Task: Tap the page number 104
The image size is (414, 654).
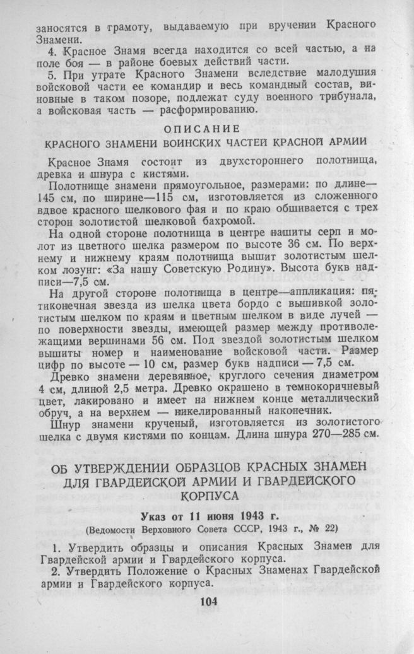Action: tap(207, 600)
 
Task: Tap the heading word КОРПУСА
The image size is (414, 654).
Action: tap(207, 495)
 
